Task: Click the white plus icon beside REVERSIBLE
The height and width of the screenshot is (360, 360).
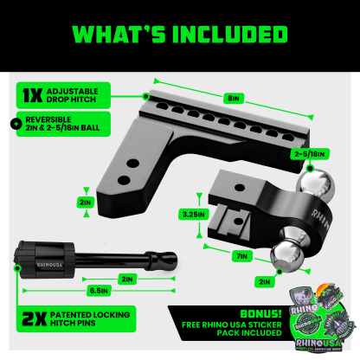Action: coord(11,123)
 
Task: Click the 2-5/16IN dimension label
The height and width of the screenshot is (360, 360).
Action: coord(309,154)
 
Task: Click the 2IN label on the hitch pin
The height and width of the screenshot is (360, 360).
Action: coord(127,280)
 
